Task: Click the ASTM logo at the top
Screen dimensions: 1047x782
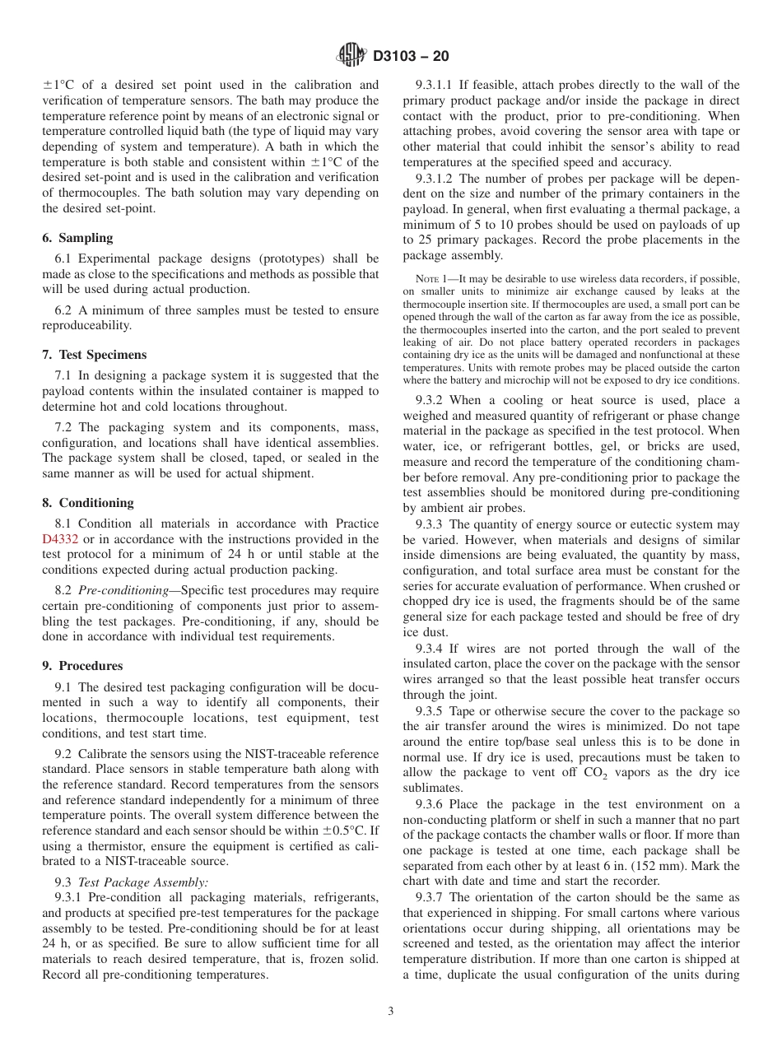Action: click(x=351, y=56)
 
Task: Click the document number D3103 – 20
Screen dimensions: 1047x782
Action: click(x=411, y=57)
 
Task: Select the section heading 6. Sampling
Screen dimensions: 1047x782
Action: click(x=77, y=238)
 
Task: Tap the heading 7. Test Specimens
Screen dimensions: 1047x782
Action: click(x=94, y=355)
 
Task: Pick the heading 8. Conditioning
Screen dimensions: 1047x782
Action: click(x=87, y=503)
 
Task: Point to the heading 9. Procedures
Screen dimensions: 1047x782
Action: click(x=82, y=666)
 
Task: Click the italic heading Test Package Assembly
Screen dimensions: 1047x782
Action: click(x=143, y=882)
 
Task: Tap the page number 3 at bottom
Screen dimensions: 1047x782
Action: click(x=391, y=1012)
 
